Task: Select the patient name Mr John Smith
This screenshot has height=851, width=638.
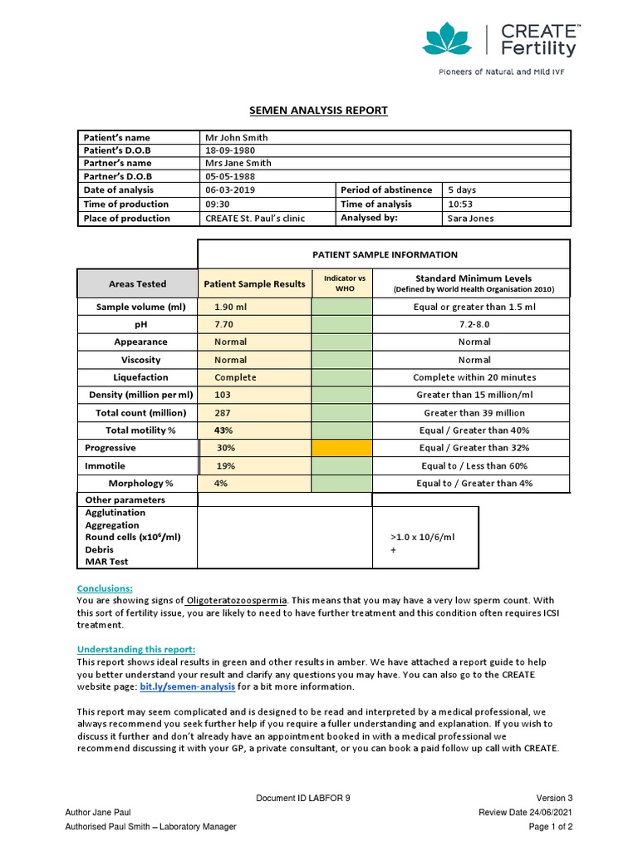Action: (x=237, y=137)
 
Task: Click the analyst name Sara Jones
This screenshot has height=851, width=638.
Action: (x=470, y=219)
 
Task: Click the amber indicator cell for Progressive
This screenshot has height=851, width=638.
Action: (x=342, y=448)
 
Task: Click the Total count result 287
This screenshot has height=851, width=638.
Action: (x=223, y=413)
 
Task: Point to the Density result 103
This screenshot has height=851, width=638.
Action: (x=223, y=395)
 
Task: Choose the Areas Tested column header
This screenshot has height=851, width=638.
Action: (x=137, y=283)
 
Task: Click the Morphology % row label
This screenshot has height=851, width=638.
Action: (x=140, y=484)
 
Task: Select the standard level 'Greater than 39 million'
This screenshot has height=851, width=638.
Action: (x=474, y=413)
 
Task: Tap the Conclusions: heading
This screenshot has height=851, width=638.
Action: (x=105, y=588)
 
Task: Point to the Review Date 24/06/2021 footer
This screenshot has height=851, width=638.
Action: (x=525, y=812)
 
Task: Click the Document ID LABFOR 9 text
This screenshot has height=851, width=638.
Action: (x=303, y=799)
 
